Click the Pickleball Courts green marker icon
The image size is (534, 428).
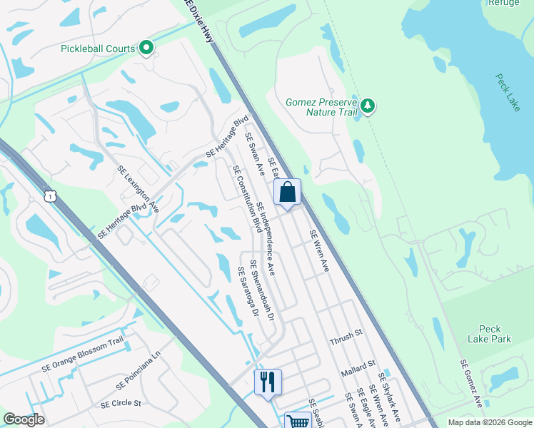147,49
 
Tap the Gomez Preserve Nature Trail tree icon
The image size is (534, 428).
368,106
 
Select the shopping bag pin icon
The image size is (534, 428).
287,193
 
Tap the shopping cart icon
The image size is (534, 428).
298,422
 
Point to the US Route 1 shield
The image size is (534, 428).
49,195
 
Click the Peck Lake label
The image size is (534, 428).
508,92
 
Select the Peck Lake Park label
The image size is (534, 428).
490,334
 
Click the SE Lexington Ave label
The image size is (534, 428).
138,188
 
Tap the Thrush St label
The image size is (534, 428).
347,342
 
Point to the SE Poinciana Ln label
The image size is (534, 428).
139,380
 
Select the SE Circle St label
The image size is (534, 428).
121,404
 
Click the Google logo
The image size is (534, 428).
24,419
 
